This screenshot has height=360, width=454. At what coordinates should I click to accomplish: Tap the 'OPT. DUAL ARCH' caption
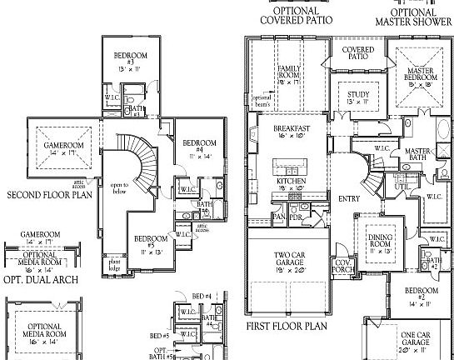(x=41, y=279)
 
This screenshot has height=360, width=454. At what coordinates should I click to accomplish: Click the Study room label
(x=358, y=98)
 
